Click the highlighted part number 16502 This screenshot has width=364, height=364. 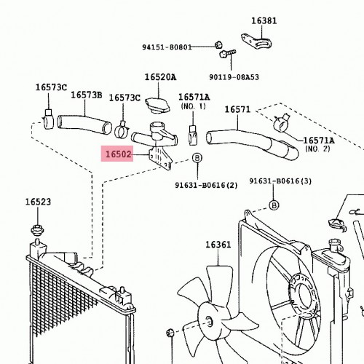click(118, 154)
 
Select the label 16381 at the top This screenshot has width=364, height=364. click(264, 21)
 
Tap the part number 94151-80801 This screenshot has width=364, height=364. click(167, 47)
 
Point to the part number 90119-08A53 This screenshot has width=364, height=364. click(234, 77)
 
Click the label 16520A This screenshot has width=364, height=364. click(160, 77)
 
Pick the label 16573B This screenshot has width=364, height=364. click(87, 95)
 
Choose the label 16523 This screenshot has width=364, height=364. click(39, 202)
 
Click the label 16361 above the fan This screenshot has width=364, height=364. click(218, 245)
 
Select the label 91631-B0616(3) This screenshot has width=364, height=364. click(280, 181)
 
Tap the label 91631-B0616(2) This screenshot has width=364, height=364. click(206, 186)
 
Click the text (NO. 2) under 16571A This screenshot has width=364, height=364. click(318, 149)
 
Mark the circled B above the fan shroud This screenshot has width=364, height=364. click(274, 205)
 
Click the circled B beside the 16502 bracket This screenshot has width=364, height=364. click(197, 158)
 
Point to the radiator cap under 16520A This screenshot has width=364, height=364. click(157, 106)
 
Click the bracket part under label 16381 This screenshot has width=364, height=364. click(257, 41)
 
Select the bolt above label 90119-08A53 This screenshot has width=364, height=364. click(227, 54)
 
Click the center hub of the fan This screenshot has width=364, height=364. click(209, 320)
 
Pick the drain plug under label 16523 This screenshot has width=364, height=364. click(37, 230)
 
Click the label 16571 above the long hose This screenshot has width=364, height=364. click(237, 109)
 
